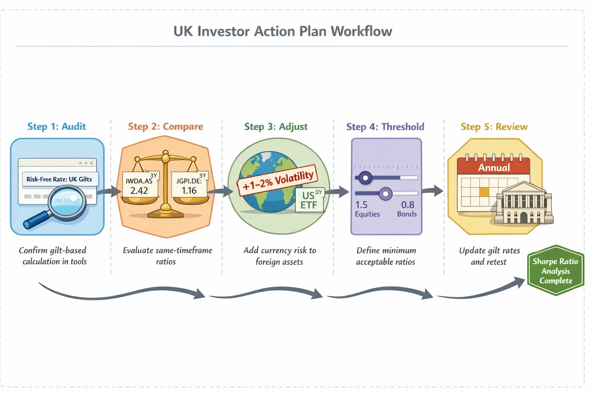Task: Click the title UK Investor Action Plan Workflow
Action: point(283,31)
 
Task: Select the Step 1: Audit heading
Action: point(56,127)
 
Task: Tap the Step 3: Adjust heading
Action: point(276,127)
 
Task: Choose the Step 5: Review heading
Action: point(494,127)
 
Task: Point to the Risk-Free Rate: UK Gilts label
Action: point(59,179)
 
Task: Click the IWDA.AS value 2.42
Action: point(139,190)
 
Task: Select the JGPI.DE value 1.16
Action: point(189,190)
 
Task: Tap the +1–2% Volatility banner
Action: point(278,180)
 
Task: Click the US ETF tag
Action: point(309,200)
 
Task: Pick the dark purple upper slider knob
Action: point(365,178)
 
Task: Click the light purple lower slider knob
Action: point(385,194)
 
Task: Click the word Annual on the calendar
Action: point(494,168)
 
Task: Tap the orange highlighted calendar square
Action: point(484,192)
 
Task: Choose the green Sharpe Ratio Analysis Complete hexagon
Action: point(556,271)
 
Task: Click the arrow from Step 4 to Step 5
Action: point(432,191)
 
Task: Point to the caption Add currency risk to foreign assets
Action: point(280,256)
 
